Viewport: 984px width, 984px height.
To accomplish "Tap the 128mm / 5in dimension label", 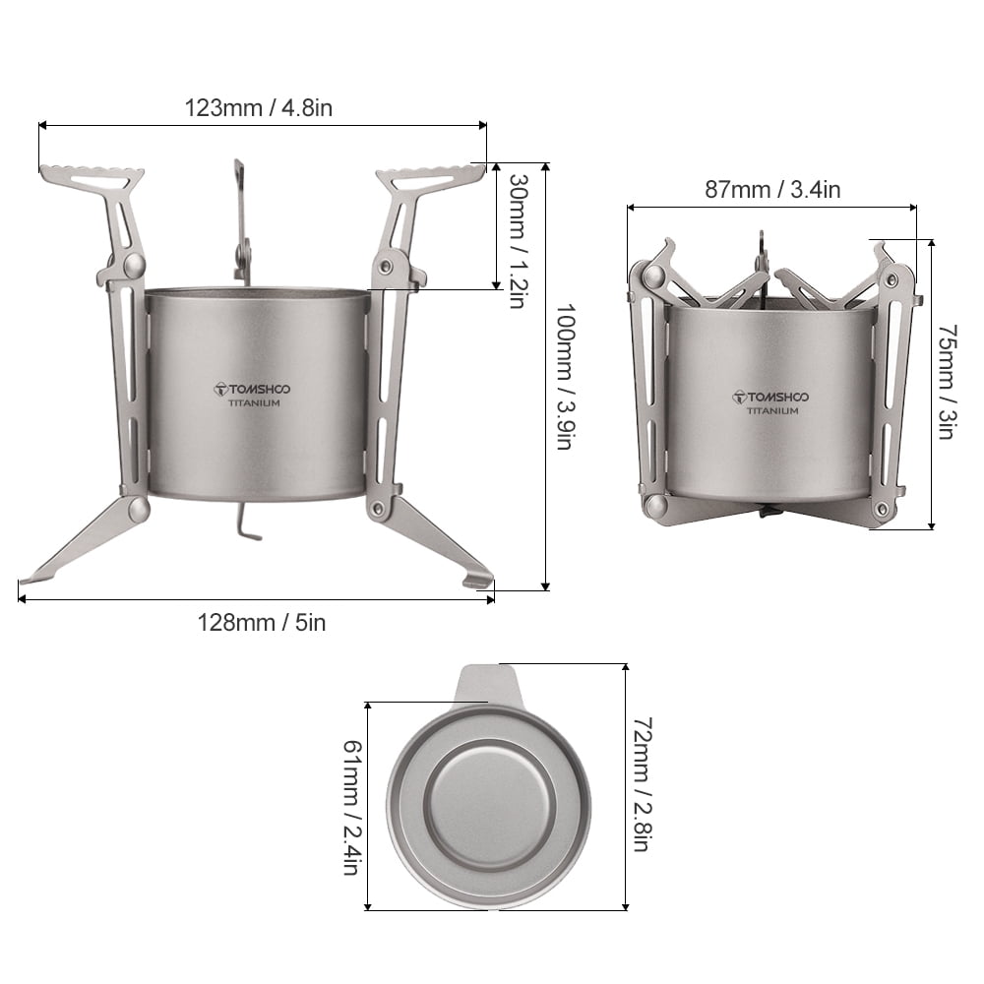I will [x=261, y=622].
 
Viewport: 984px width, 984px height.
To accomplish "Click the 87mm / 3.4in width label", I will [x=772, y=190].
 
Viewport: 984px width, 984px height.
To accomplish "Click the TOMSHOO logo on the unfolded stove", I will [x=252, y=389].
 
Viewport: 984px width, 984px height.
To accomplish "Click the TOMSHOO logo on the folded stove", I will [x=771, y=397].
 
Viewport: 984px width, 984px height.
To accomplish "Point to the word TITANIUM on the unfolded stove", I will [x=255, y=403].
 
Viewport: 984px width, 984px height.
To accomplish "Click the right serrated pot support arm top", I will [x=431, y=178].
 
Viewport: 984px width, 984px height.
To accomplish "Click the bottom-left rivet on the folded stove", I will [x=653, y=507].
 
